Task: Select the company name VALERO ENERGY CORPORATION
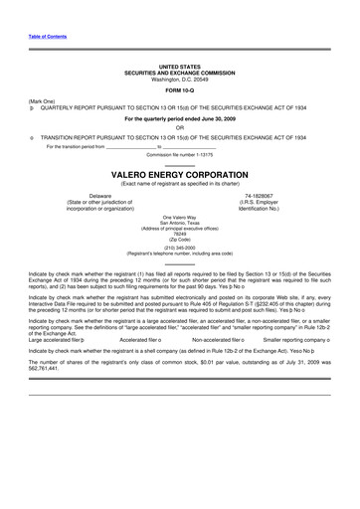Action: pos(179,172)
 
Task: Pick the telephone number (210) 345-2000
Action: pos(179,248)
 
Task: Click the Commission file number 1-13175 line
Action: pos(179,154)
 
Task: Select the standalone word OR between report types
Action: pos(179,125)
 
